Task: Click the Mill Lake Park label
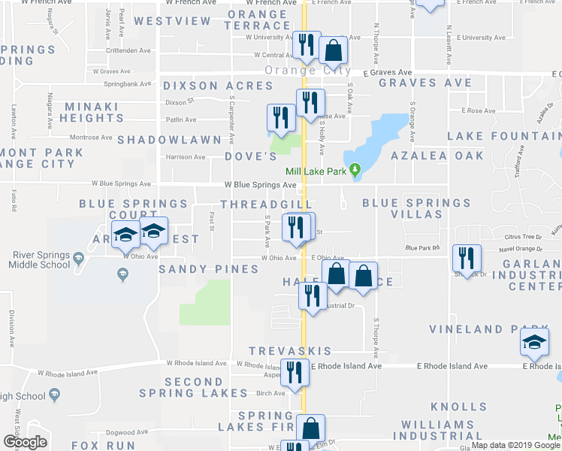tap(313, 171)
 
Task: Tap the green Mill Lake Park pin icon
tap(356, 171)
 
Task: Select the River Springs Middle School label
tap(41, 259)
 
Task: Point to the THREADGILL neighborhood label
tap(265, 204)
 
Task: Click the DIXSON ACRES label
tap(218, 86)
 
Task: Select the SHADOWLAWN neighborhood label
tap(169, 140)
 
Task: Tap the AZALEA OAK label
tap(437, 155)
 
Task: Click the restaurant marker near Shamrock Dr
tap(467, 259)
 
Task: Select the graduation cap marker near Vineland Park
tap(534, 344)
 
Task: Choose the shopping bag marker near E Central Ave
tap(333, 51)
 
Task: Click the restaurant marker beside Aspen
tap(295, 374)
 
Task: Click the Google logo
tap(25, 442)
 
